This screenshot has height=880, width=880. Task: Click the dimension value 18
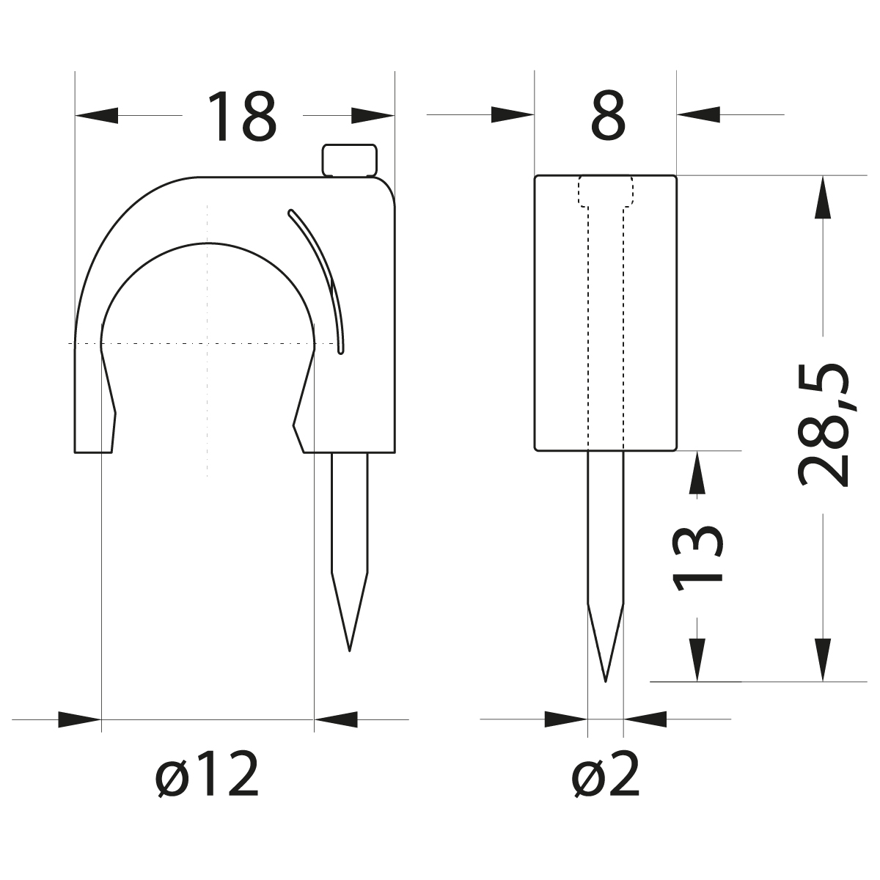click(242, 116)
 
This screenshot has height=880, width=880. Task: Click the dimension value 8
click(609, 116)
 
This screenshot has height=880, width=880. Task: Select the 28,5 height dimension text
click(825, 425)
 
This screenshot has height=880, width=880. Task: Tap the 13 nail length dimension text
click(698, 557)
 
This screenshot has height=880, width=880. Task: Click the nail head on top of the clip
click(350, 160)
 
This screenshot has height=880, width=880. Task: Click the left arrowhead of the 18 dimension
click(97, 115)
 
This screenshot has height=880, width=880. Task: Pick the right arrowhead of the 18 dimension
click(373, 115)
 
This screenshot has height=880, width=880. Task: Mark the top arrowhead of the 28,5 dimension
click(824, 197)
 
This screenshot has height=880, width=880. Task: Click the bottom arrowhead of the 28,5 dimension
click(824, 660)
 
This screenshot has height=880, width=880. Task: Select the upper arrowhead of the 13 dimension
click(697, 472)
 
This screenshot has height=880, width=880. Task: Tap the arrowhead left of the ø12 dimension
click(79, 719)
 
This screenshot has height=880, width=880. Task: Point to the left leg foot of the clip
click(94, 440)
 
